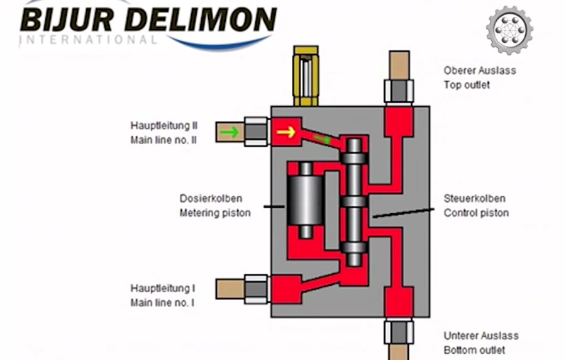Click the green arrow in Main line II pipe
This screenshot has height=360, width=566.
tap(230, 132)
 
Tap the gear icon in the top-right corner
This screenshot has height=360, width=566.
tap(509, 30)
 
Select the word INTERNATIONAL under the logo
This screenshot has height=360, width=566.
tap(88, 40)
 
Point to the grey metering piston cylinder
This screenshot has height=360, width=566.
tap(305, 200)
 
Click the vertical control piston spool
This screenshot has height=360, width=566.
tap(354, 201)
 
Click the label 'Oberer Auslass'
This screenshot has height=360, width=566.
tap(479, 70)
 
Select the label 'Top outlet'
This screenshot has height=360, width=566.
tap(467, 84)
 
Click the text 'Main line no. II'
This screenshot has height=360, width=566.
tap(164, 140)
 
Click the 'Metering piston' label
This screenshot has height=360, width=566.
tap(215, 213)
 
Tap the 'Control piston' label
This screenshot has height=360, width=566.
tap(476, 213)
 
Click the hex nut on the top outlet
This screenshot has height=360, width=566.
tap(399, 92)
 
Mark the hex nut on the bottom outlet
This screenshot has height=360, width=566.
tap(399, 331)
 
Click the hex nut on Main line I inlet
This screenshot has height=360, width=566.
tap(256, 289)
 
